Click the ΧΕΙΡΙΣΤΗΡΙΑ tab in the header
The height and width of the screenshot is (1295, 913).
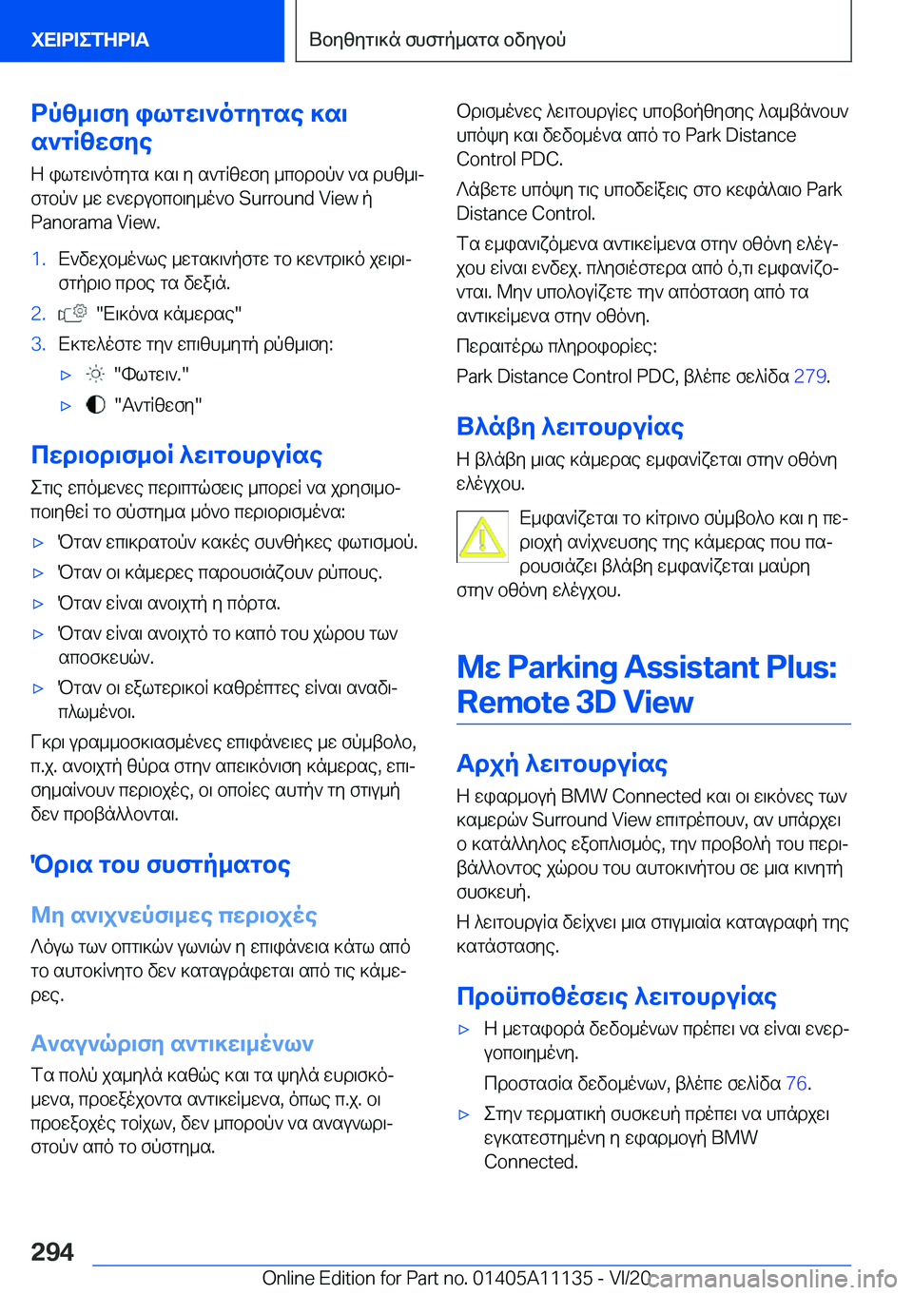click(90, 40)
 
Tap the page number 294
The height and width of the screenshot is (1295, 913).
click(52, 1251)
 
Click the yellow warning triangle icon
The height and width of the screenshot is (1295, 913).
click(482, 537)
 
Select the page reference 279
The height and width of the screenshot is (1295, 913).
click(809, 377)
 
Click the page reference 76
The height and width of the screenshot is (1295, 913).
click(796, 1083)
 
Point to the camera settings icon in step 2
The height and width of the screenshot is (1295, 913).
click(72, 314)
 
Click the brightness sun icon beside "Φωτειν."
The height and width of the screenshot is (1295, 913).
click(95, 375)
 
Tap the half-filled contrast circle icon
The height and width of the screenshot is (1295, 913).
click(95, 405)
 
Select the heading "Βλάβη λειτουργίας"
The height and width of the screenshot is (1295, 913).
click(570, 427)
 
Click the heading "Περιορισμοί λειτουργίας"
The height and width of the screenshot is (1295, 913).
click(177, 455)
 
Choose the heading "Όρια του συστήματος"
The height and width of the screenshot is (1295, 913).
click(161, 865)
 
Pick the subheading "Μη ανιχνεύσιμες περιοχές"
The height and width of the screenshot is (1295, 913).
click(174, 916)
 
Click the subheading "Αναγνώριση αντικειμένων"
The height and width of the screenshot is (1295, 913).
click(172, 1044)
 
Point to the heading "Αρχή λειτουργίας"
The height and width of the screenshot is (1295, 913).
click(562, 763)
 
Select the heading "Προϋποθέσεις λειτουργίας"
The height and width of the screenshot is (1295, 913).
click(616, 996)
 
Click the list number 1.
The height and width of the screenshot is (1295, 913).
click(38, 259)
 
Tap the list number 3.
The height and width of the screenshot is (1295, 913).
click(38, 344)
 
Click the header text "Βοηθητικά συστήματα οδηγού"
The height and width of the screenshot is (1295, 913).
click(437, 40)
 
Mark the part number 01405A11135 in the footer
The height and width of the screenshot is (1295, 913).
click(533, 1278)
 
